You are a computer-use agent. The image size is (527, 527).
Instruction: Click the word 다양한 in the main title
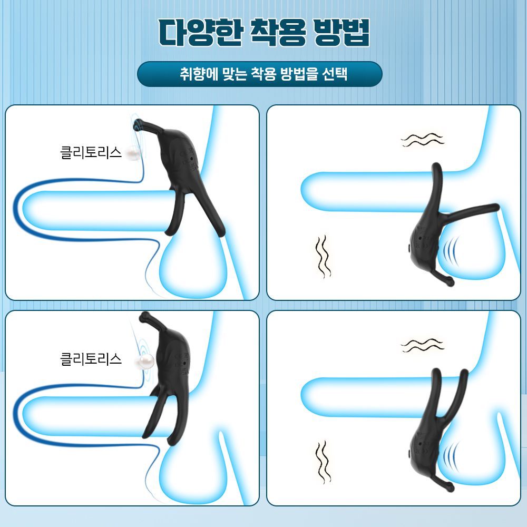click(201, 32)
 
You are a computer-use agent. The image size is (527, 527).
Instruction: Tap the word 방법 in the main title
click(341, 32)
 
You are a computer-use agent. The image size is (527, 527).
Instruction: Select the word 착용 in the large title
click(278, 32)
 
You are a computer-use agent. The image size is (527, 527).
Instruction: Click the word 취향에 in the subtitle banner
click(199, 74)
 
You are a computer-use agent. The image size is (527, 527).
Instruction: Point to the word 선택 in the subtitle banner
click(335, 74)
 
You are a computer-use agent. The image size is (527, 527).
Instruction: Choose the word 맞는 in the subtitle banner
click(235, 74)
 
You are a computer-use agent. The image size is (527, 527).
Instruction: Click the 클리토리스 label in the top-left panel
click(91, 153)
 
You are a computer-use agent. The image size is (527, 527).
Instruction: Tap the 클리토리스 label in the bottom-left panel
click(91, 359)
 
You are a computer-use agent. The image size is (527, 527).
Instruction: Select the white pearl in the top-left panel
click(132, 153)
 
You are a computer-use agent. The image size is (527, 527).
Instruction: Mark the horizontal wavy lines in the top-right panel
click(422, 140)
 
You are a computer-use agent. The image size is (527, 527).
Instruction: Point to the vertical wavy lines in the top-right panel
click(323, 257)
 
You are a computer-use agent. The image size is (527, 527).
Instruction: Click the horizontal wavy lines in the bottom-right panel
click(422, 346)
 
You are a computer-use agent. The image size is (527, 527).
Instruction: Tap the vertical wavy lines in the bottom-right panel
click(323, 463)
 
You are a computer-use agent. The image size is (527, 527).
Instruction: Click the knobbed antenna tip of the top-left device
click(138, 124)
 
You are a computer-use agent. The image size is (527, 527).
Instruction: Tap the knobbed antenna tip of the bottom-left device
click(145, 316)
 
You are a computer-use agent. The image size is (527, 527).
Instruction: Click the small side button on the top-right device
click(409, 249)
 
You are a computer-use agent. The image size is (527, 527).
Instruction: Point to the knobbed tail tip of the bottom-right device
click(450, 487)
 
